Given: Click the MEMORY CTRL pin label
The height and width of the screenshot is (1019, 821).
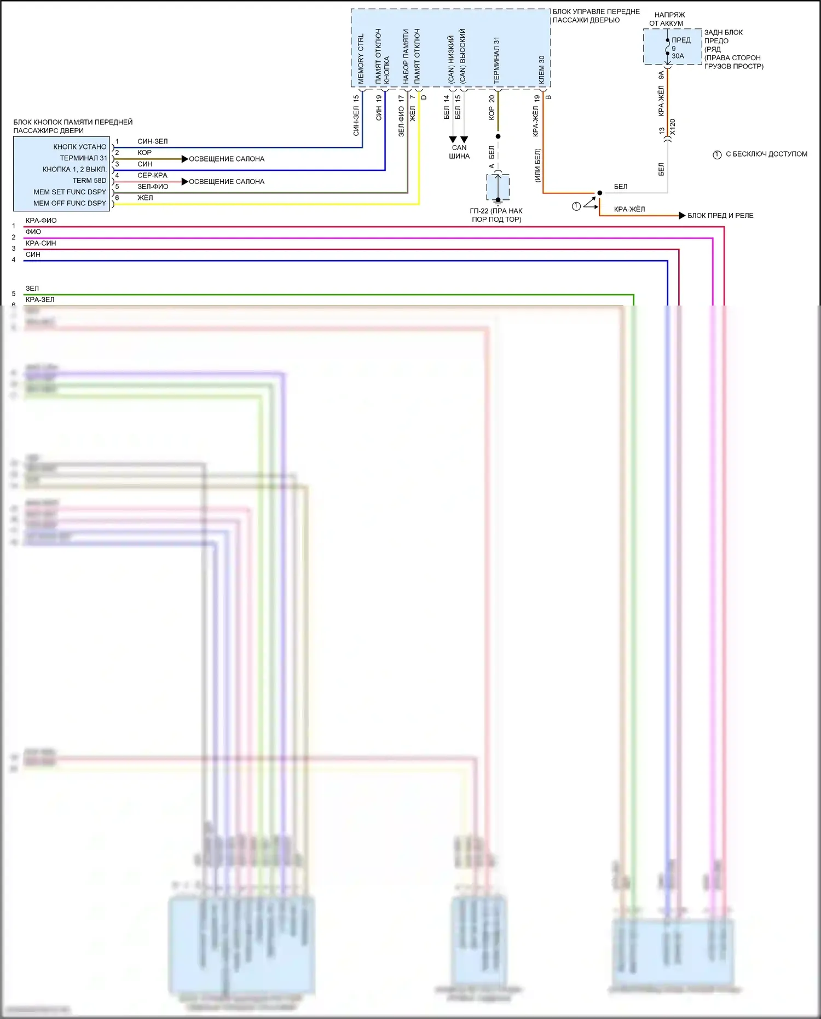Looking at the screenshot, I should tap(361, 59).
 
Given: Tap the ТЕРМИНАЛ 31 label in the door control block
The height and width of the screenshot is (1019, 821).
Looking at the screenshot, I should tap(496, 60).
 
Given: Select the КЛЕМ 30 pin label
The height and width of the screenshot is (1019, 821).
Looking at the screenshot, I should tap(541, 70).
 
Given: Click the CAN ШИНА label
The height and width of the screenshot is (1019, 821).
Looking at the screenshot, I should tap(459, 152).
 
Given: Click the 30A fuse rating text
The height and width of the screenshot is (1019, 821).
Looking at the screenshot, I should tap(678, 56).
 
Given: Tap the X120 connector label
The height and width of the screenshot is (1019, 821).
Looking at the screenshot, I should tap(673, 127).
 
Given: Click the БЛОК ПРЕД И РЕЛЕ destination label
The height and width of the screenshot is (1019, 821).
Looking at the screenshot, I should tap(720, 216).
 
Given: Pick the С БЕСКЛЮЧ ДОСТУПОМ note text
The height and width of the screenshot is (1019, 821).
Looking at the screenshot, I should tap(766, 154).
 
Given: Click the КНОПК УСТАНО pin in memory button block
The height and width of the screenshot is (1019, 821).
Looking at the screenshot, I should tap(80, 147).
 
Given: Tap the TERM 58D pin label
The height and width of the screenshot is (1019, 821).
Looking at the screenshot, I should tap(89, 181).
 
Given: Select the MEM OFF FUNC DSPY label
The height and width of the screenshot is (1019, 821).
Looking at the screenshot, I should tap(70, 203).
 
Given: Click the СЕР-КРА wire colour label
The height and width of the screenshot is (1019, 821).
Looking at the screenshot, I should tap(152, 175).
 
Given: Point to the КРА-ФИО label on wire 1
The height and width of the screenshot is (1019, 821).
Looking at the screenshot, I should tap(41, 221).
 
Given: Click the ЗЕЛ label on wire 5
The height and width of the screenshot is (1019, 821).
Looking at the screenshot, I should tap(32, 288).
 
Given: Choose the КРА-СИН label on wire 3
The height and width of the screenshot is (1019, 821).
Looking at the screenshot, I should tap(41, 243).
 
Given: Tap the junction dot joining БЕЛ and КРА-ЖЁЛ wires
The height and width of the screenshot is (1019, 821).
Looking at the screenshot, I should tap(600, 193).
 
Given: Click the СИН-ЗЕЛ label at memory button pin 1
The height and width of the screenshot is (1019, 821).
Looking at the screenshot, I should tap(152, 141).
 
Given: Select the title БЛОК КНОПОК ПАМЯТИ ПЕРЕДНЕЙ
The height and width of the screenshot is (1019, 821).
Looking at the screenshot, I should tap(73, 122).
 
